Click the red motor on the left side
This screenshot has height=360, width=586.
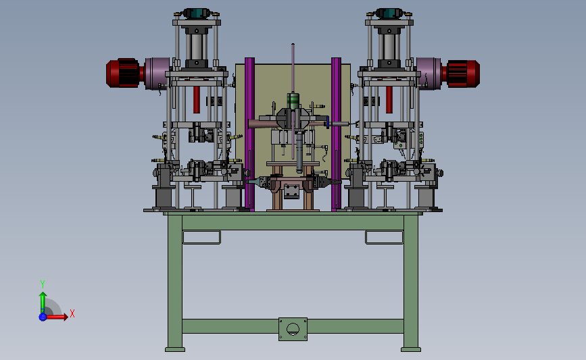pos(123,73)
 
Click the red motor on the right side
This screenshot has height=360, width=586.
pos(461,74)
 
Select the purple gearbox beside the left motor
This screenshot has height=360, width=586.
pos(157,74)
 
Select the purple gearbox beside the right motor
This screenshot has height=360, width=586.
pos(429,74)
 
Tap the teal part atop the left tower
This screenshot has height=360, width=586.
pos(197,13)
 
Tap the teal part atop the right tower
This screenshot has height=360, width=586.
pos(389,13)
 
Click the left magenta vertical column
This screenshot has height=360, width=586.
pos(249,134)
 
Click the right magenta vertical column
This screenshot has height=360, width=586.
pos(336,134)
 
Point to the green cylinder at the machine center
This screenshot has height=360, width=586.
pos(293,101)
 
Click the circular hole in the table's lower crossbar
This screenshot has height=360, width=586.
pos(293,330)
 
